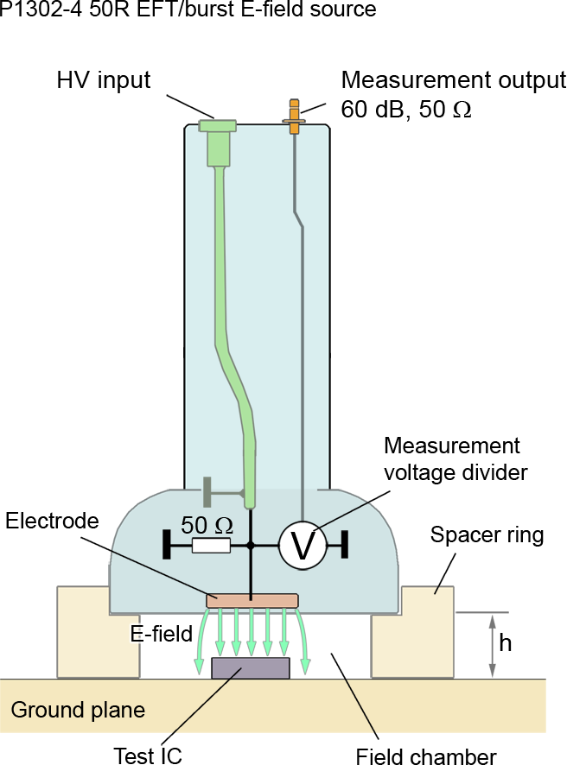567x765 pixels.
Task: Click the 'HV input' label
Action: (104, 81)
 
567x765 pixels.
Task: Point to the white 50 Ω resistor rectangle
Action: (211, 546)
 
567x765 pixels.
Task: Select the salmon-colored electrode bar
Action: (252, 600)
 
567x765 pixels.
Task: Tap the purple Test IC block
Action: (251, 667)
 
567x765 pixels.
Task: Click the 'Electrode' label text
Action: (52, 521)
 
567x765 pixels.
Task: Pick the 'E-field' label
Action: (161, 634)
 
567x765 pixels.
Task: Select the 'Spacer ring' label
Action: (487, 535)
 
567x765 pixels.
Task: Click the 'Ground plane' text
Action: (78, 711)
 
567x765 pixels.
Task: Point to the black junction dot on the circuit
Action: (251, 546)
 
